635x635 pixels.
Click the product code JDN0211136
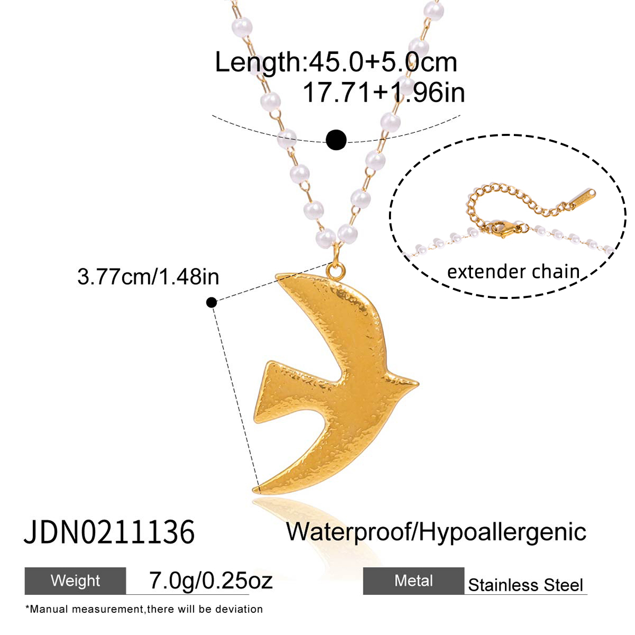(x=109, y=531)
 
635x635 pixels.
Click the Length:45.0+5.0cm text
(x=336, y=62)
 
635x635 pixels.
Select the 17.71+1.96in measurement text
(x=383, y=93)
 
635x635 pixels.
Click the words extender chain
(x=513, y=272)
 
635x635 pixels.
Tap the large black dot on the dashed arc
(x=336, y=140)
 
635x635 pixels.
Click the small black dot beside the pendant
(x=212, y=302)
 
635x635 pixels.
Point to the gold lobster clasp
(x=503, y=229)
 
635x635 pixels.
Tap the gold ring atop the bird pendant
(x=336, y=271)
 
